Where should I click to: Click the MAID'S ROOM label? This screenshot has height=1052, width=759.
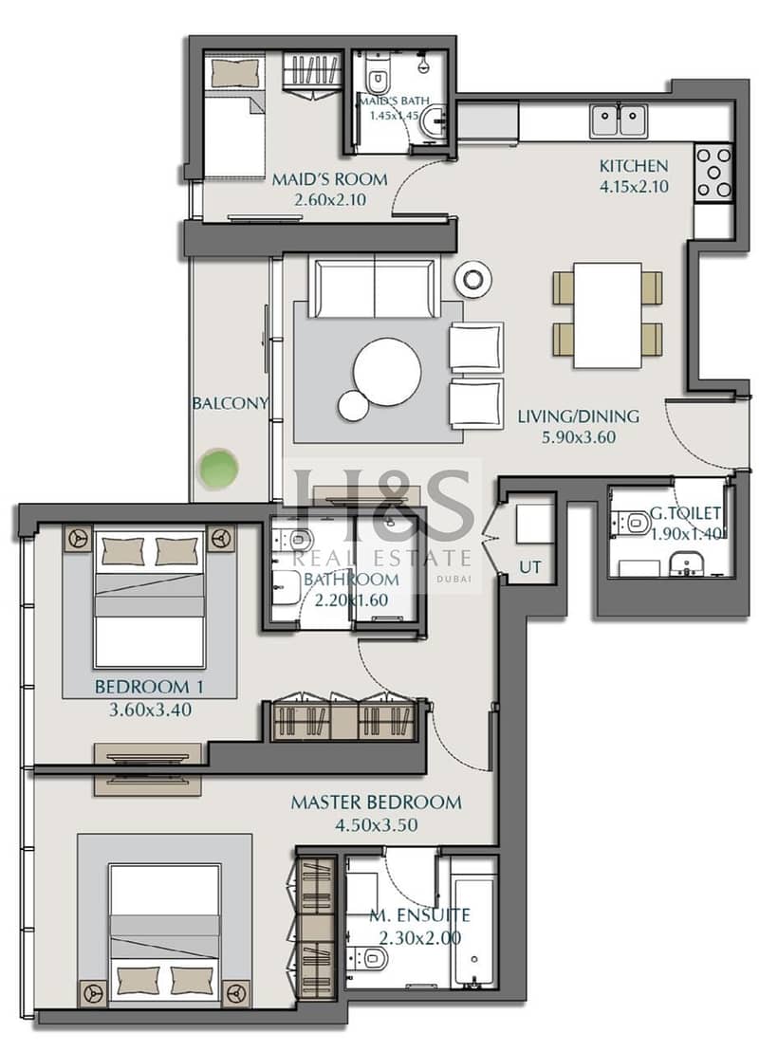point(329,179)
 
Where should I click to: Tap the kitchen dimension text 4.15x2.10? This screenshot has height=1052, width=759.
point(634,186)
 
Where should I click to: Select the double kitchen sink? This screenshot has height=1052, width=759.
point(619,120)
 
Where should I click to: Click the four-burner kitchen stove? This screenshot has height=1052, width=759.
point(713,172)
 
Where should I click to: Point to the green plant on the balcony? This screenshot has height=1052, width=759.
point(218,469)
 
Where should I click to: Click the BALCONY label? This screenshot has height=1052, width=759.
point(231,403)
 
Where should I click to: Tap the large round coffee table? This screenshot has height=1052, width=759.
point(388,372)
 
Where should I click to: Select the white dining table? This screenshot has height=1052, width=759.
point(608,315)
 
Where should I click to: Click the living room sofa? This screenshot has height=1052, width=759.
point(374,288)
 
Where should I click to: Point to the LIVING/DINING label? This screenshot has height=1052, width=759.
point(578,416)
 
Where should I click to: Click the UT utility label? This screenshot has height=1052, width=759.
point(529,567)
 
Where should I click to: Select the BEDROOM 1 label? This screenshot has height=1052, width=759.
point(149,687)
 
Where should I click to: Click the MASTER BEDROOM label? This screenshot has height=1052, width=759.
point(376,802)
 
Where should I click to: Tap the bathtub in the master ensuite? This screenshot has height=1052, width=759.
point(474,930)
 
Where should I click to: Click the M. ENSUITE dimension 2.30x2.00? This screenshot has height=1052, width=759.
point(420,937)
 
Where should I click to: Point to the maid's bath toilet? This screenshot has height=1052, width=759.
point(378,78)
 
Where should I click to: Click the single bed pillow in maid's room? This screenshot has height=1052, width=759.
point(235,72)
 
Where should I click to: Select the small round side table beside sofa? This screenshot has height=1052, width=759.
point(472,278)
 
